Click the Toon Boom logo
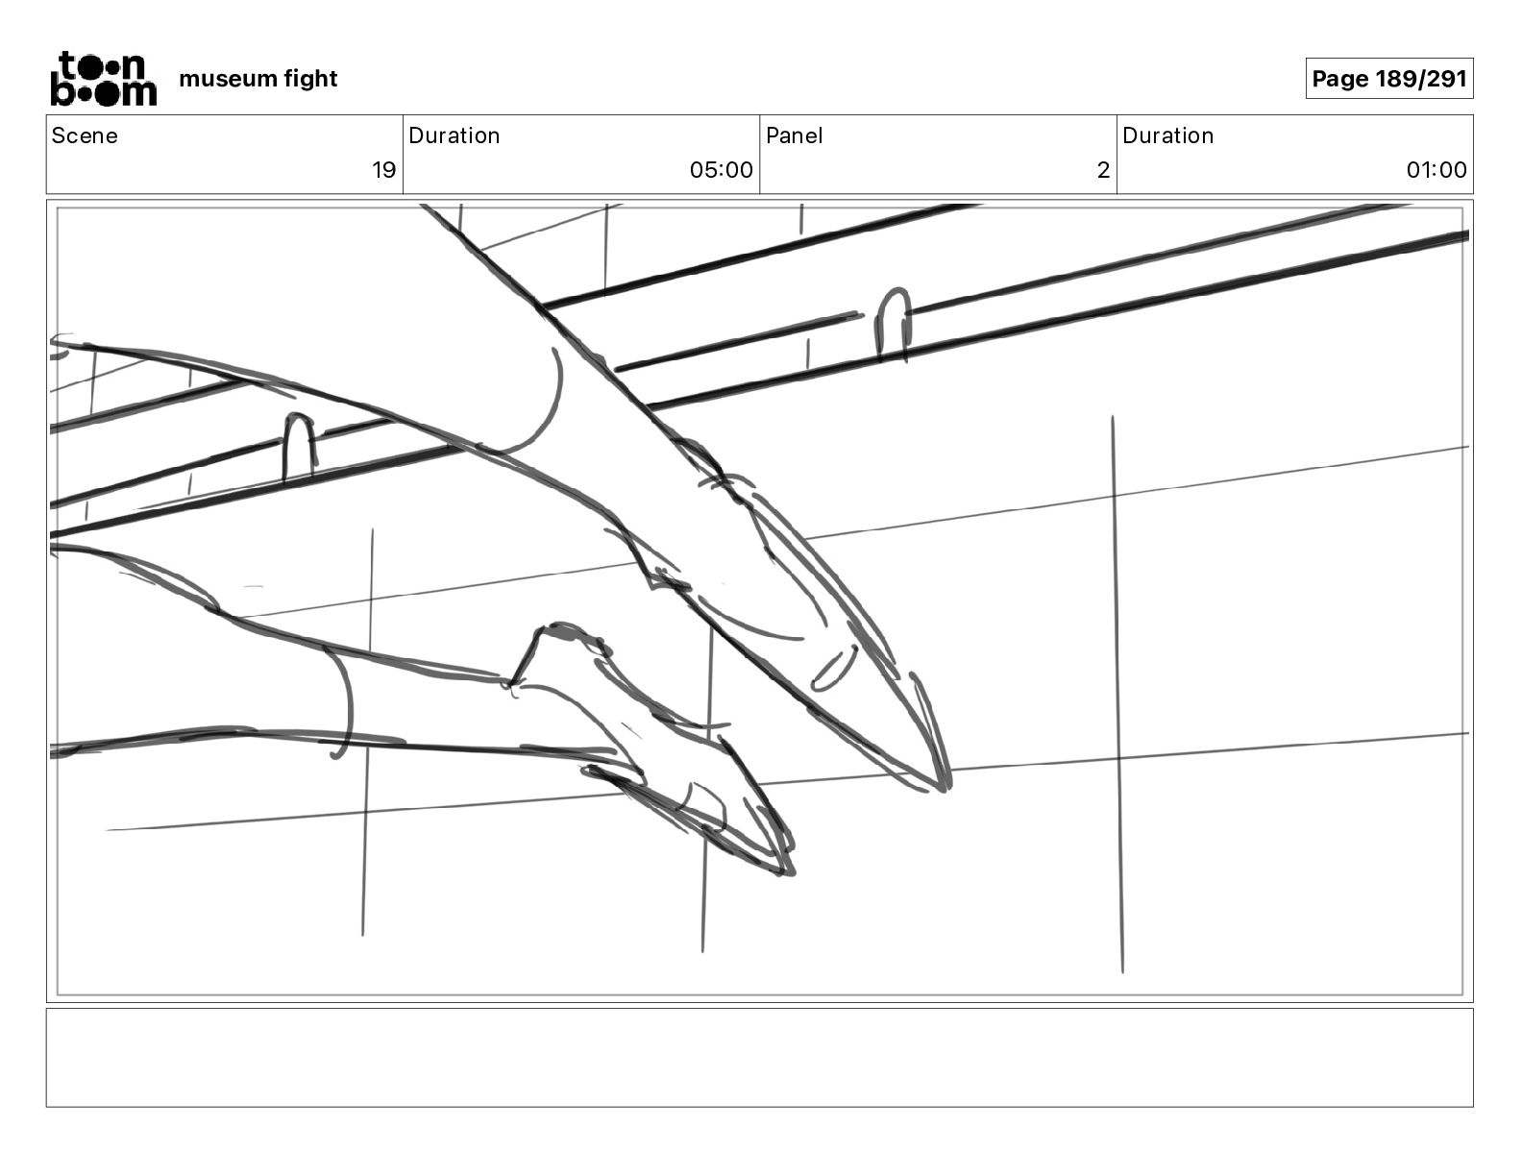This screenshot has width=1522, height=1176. click(103, 78)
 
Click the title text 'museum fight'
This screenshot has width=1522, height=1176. click(258, 78)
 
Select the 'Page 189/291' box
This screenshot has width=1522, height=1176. click(1388, 78)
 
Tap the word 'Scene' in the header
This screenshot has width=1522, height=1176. click(85, 135)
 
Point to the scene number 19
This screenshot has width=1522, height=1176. click(383, 170)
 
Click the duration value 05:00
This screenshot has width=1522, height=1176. click(721, 170)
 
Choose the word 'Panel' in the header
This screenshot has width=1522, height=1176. click(794, 135)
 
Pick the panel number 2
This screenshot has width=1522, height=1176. click(1103, 170)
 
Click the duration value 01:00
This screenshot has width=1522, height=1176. click(1436, 170)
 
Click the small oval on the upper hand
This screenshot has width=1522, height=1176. click(834, 668)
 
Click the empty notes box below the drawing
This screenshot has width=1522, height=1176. click(759, 1057)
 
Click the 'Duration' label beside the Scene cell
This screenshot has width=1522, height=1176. click(454, 135)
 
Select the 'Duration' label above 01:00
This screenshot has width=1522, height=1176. click(1167, 135)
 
